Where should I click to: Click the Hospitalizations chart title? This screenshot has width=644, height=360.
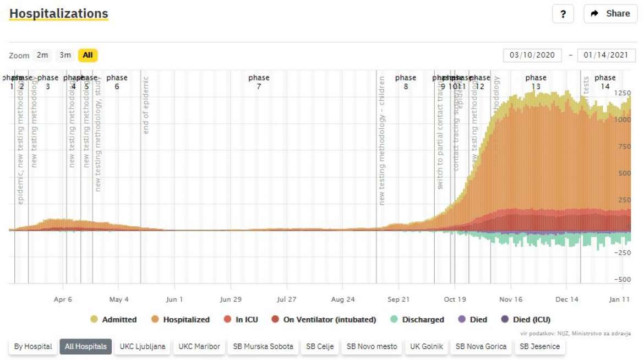(59, 13)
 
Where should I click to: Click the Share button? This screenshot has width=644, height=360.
(610, 14)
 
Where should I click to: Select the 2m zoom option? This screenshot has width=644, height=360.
(42, 55)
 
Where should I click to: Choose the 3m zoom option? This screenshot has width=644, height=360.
(66, 55)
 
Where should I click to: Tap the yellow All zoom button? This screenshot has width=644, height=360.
(88, 55)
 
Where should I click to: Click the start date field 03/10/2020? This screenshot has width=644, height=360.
(532, 56)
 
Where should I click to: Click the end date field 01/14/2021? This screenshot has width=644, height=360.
(606, 56)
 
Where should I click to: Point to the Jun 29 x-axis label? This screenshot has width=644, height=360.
(231, 299)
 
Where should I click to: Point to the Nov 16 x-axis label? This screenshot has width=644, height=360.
(511, 299)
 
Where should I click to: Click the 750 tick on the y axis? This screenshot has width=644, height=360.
(623, 146)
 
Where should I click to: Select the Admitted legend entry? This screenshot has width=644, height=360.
(113, 319)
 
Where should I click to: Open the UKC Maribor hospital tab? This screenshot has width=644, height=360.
(199, 347)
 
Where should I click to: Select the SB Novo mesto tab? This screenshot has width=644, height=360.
(372, 347)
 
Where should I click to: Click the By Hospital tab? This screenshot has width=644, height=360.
(33, 347)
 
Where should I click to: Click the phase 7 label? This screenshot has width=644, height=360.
(259, 82)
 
